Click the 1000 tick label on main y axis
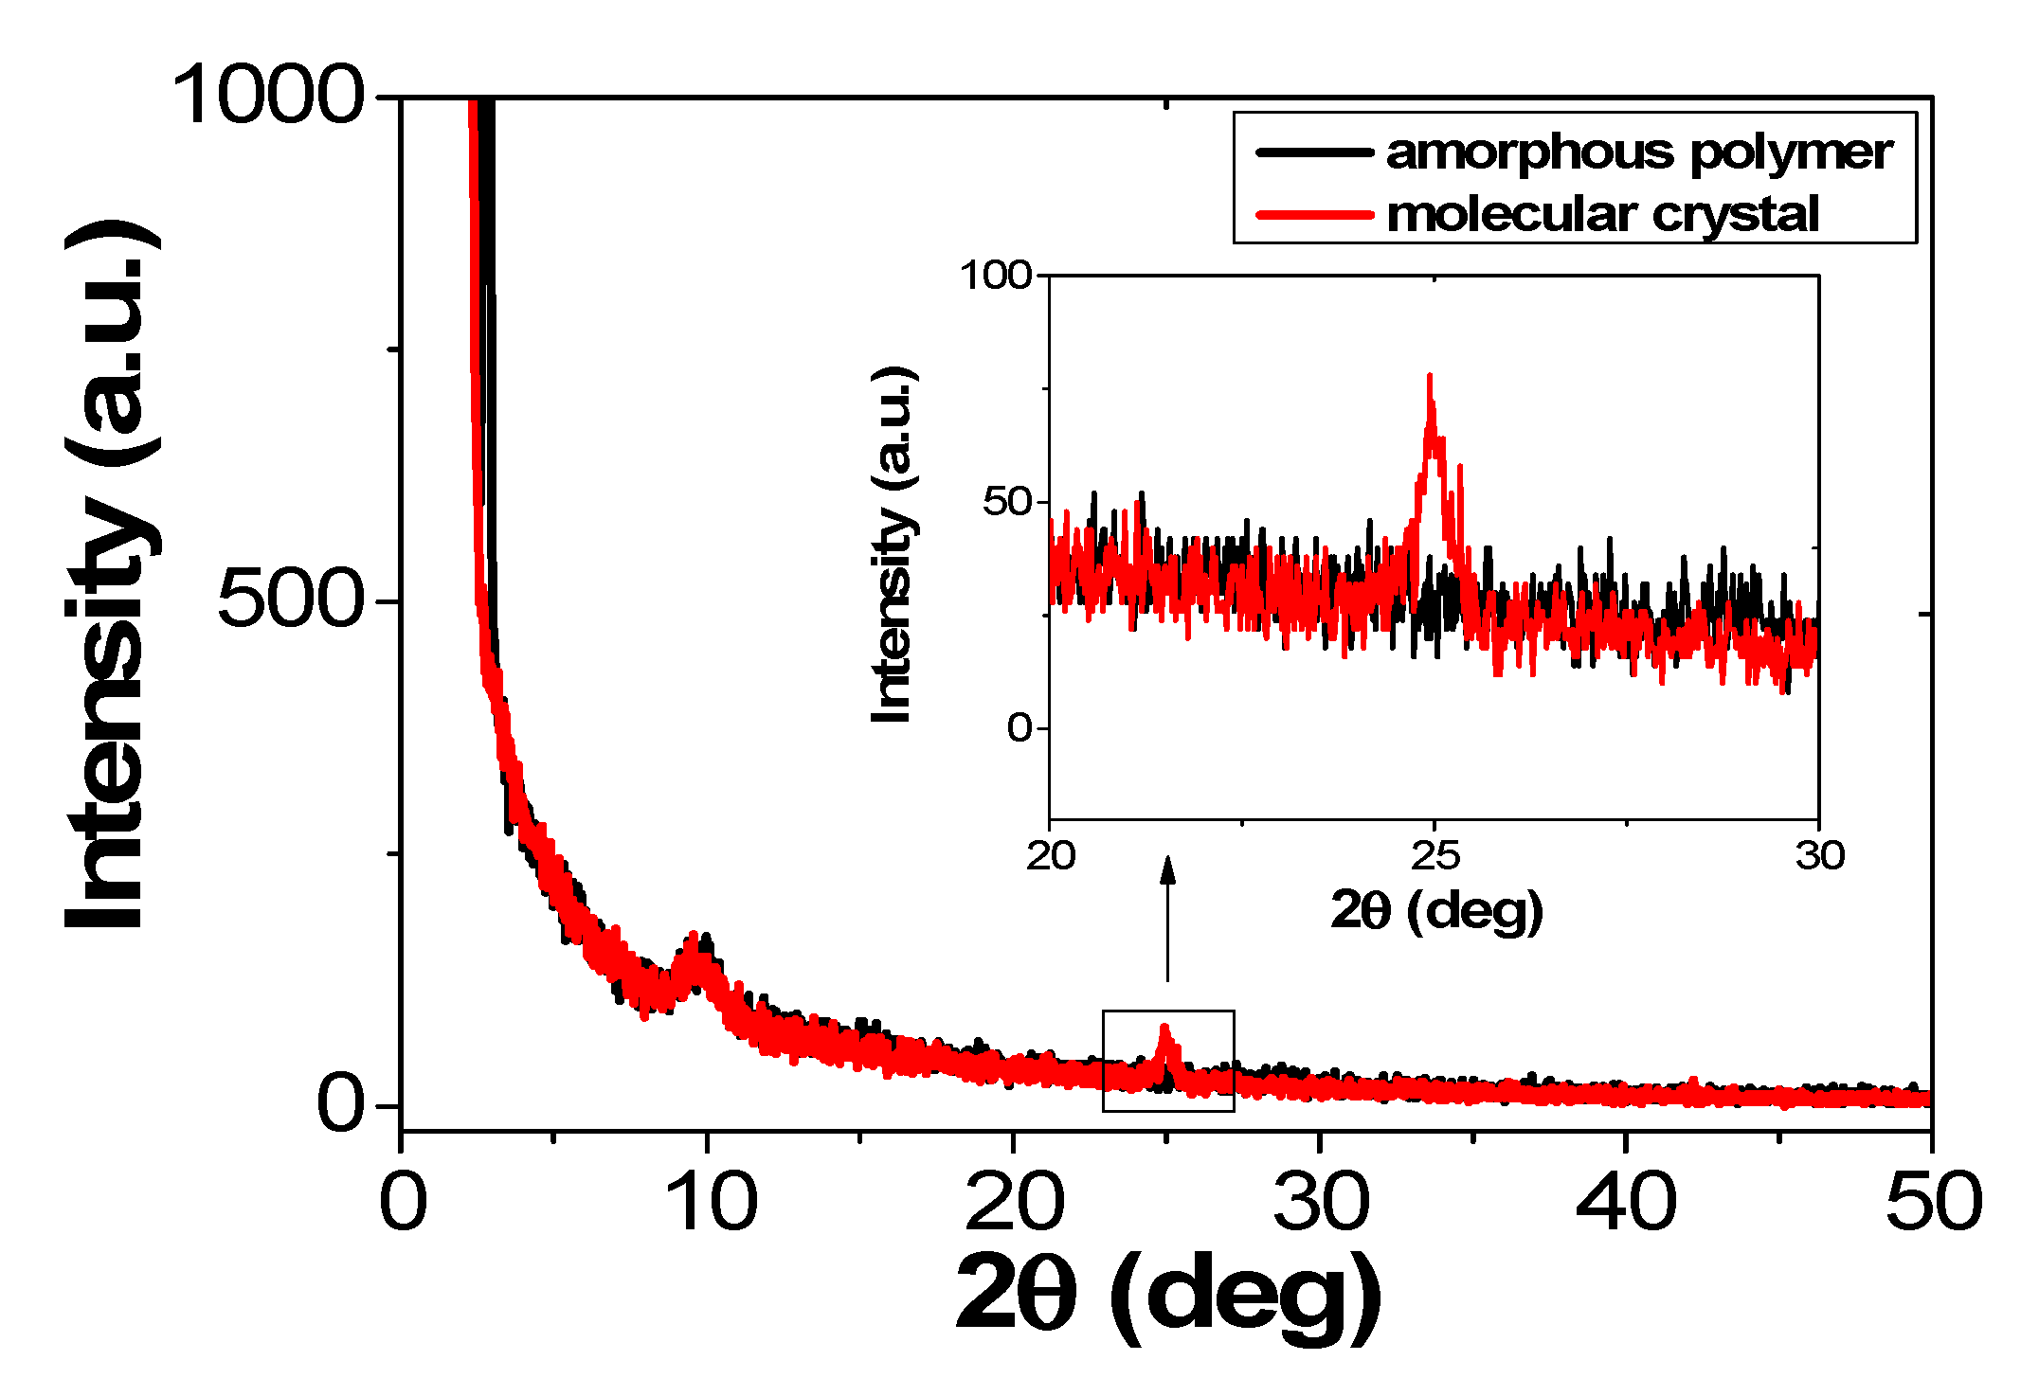(267, 95)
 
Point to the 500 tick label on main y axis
(290, 600)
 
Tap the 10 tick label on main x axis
(711, 1201)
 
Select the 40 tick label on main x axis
(1626, 1201)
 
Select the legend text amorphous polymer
(1639, 152)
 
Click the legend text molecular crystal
(1603, 214)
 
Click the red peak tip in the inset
(1429, 377)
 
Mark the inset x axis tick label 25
(1435, 855)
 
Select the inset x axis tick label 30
(1819, 855)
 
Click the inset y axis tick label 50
(1006, 501)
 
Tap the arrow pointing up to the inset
(1167, 919)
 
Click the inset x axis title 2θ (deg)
(1436, 911)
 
